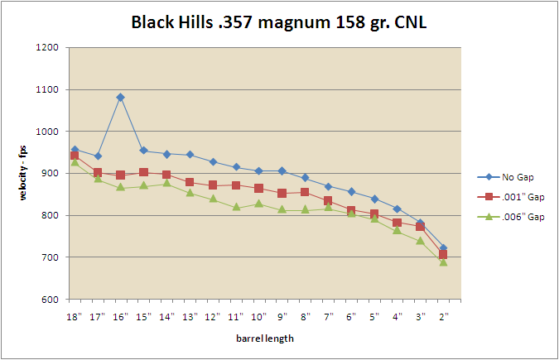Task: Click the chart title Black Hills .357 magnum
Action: pyautogui.click(x=278, y=22)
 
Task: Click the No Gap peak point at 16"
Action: pyautogui.click(x=120, y=97)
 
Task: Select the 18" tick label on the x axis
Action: pyautogui.click(x=75, y=315)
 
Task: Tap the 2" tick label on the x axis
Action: pyautogui.click(x=443, y=315)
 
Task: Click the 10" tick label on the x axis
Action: pyautogui.click(x=258, y=315)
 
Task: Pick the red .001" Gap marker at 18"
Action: pyautogui.click(x=75, y=156)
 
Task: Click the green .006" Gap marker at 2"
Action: pyautogui.click(x=443, y=262)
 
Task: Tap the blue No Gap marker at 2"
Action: pyautogui.click(x=443, y=248)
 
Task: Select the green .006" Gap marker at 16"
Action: pyautogui.click(x=120, y=187)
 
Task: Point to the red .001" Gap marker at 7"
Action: pyautogui.click(x=328, y=201)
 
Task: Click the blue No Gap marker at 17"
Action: pyautogui.click(x=98, y=156)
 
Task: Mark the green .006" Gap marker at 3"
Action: pyautogui.click(x=420, y=241)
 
